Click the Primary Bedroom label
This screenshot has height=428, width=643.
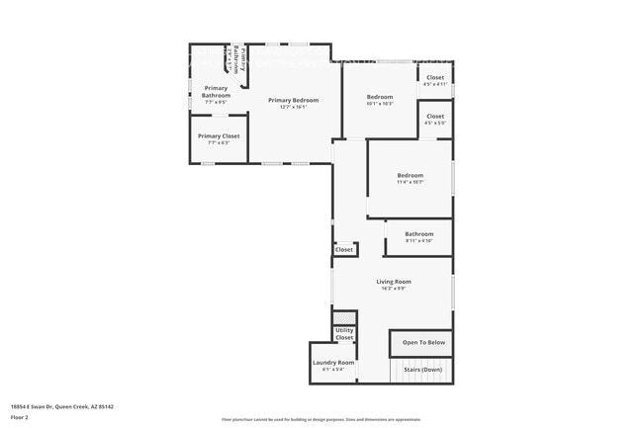click(292, 100)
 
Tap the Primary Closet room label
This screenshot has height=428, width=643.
click(218, 136)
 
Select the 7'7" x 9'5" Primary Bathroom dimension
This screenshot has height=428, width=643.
click(216, 102)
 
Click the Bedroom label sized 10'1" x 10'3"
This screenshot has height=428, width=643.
click(380, 97)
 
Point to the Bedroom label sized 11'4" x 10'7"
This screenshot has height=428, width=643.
click(410, 175)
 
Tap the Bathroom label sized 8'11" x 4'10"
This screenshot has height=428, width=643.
click(418, 234)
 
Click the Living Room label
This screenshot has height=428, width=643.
click(393, 282)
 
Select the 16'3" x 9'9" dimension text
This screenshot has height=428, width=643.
click(393, 289)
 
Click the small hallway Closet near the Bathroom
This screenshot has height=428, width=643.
click(343, 250)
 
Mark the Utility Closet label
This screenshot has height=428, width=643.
click(344, 334)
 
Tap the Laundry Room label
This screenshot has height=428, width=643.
click(333, 362)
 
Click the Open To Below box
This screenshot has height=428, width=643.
click(422, 342)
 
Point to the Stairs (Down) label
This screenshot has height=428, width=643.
click(422, 368)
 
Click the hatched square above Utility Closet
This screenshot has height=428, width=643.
click(343, 317)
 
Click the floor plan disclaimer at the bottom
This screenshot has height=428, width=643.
click(321, 420)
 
